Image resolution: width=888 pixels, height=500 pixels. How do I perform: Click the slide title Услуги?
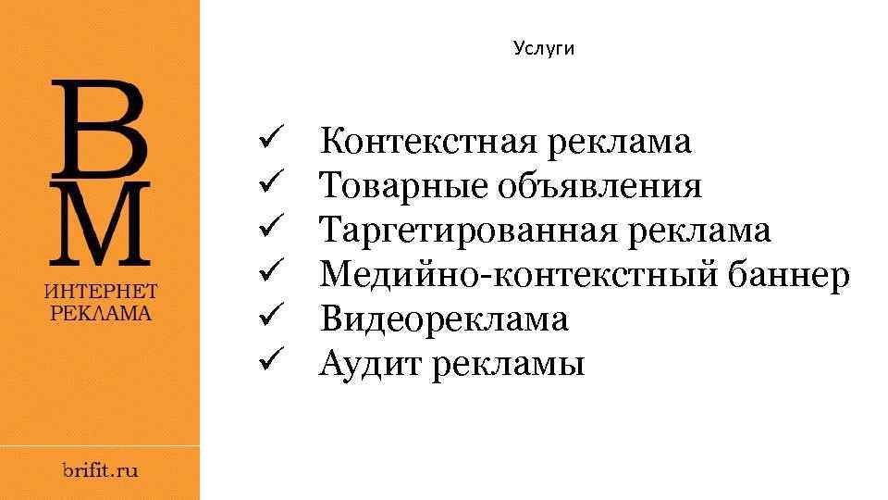click(544, 49)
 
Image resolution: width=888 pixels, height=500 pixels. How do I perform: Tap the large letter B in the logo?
click(100, 128)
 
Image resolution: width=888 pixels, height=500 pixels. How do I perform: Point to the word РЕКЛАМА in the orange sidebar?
click(100, 312)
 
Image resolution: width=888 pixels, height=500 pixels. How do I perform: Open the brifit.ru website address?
click(100, 470)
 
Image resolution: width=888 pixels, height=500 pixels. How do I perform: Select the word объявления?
click(600, 187)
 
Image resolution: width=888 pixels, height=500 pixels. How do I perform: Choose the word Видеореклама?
click(444, 320)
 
